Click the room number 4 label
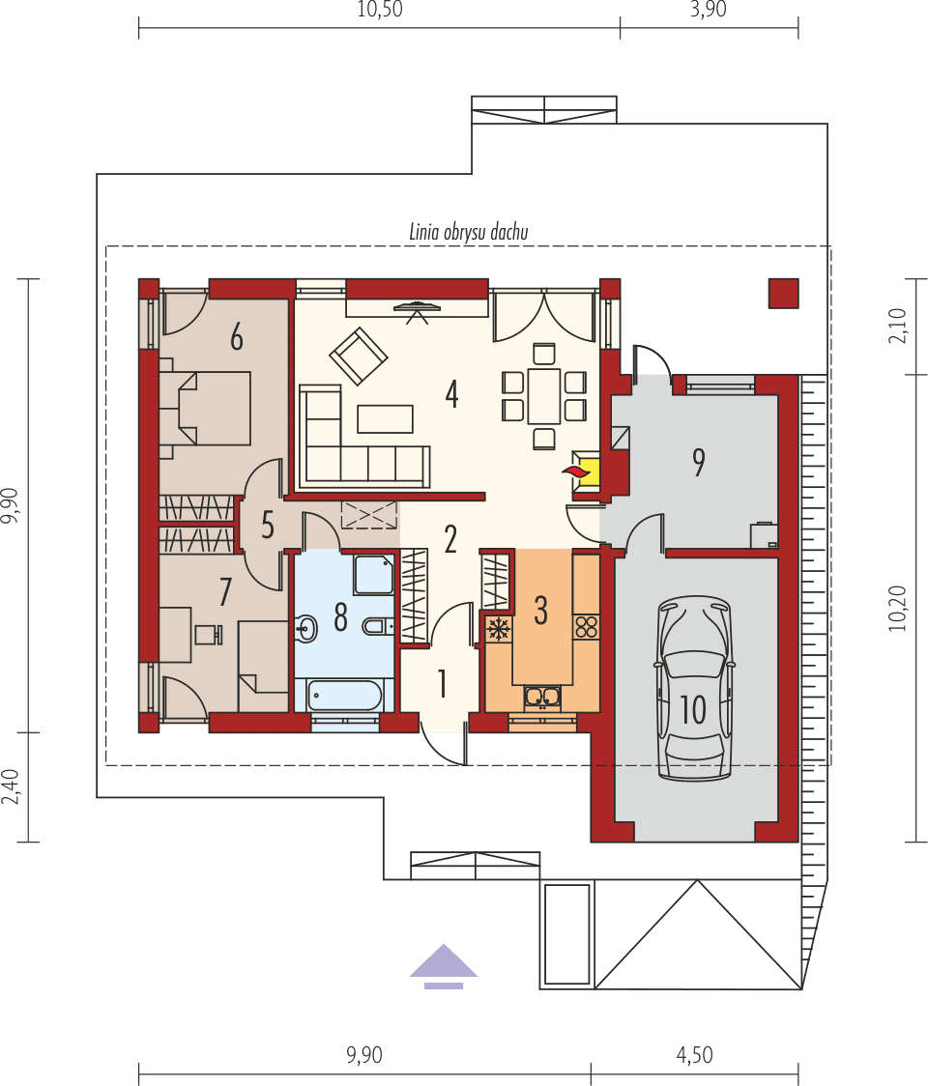click(450, 394)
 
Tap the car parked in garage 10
click(693, 688)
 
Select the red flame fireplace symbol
click(575, 471)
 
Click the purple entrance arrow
click(444, 965)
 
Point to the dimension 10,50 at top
click(380, 11)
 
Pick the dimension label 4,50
click(694, 1056)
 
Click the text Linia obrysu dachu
click(468, 232)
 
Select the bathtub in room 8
click(343, 696)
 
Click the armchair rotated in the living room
click(359, 356)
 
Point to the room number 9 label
click(698, 462)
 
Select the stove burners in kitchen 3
click(586, 625)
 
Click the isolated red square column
click(783, 293)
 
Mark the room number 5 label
click(268, 527)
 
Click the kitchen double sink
click(542, 696)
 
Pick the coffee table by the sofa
click(385, 418)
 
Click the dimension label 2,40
click(11, 786)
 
